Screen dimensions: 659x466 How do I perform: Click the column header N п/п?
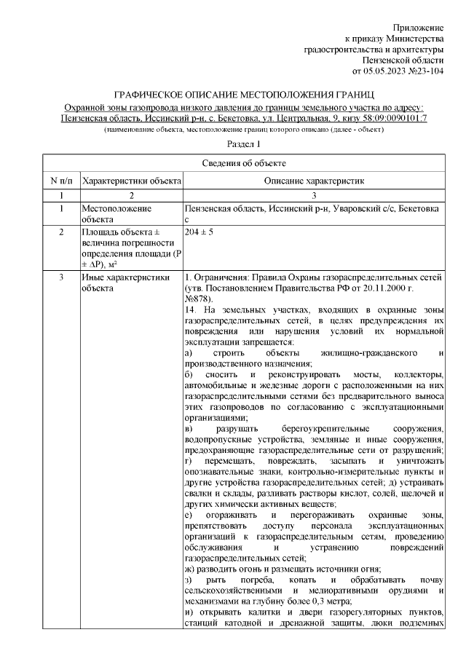coord(61,180)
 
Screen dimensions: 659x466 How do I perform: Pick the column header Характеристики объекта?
coord(131,180)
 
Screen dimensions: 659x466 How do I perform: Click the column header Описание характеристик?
coord(313,180)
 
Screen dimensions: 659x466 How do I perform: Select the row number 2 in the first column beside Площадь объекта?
coord(61,232)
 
